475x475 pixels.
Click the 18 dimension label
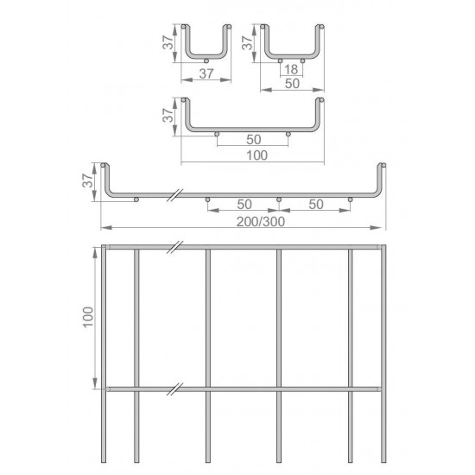(291, 69)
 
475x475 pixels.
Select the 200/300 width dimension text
(261, 222)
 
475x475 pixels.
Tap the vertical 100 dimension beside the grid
(88, 317)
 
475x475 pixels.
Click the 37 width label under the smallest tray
(206, 73)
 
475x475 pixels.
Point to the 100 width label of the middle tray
(256, 155)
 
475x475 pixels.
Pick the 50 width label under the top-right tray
(292, 84)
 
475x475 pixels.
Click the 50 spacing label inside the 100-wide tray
(254, 140)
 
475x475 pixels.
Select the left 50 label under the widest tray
(244, 205)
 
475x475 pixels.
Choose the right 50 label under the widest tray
(316, 205)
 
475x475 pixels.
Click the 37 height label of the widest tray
(87, 180)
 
